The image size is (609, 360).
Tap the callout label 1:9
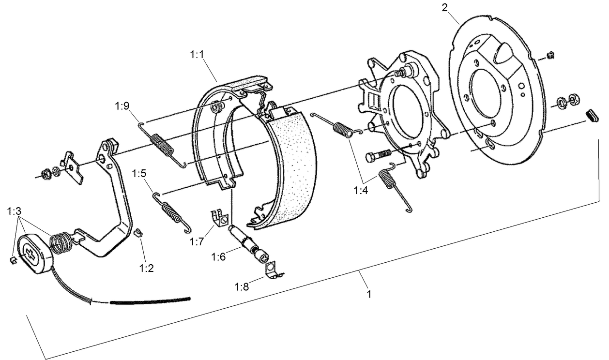pyautogui.click(x=122, y=105)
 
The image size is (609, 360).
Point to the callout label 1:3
pyautogui.click(x=15, y=211)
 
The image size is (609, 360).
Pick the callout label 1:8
pyautogui.click(x=242, y=286)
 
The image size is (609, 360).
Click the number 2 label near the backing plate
pyautogui.click(x=444, y=7)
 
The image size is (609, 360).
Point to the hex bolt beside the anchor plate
pyautogui.click(x=378, y=156)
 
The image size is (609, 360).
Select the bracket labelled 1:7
pyautogui.click(x=219, y=218)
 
